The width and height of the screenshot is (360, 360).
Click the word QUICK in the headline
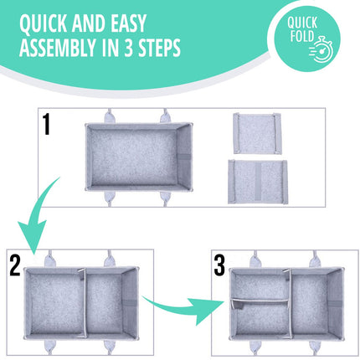[44, 23]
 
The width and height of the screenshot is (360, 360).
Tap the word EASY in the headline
[129, 23]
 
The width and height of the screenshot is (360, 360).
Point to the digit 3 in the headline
[128, 48]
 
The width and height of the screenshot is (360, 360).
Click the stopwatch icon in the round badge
[321, 49]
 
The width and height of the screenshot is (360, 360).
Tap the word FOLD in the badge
[302, 36]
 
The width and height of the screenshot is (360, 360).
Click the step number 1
[46, 125]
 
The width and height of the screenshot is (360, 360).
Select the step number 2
[15, 266]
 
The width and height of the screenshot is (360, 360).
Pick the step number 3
[219, 266]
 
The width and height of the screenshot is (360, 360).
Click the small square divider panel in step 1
[257, 133]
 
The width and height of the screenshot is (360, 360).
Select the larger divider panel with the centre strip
[258, 182]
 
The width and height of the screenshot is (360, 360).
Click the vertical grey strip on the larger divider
[258, 182]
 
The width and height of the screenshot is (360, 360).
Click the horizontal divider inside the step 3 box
[260, 301]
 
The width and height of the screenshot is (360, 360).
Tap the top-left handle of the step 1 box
[109, 116]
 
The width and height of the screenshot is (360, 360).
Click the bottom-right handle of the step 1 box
[165, 198]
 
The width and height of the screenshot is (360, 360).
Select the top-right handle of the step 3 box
[316, 259]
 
